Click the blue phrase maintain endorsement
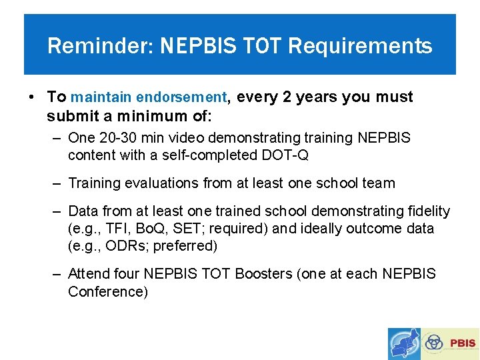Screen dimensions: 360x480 point(149,97)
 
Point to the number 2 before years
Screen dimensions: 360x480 point(287,97)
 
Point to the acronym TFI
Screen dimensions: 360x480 point(123,229)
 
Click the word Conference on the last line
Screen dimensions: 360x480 point(107,292)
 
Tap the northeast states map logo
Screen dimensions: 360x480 point(405,343)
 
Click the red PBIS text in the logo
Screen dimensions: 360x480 point(463,343)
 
